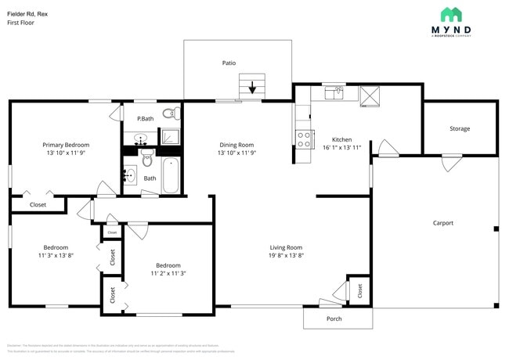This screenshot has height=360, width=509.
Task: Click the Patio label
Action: click(x=229, y=63)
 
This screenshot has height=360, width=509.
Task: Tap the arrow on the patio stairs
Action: click(x=252, y=88)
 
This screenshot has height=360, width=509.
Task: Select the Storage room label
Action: click(x=460, y=128)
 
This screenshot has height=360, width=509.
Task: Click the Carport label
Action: click(x=443, y=223)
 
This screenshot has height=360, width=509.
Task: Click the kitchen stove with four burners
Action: click(x=304, y=139)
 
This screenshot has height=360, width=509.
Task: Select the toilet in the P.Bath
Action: click(x=168, y=114)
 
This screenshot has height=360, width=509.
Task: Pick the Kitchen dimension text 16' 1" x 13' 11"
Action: click(x=341, y=147)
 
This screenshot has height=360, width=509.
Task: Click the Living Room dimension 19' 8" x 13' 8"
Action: click(x=286, y=255)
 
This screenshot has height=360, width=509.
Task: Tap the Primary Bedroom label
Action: click(x=66, y=145)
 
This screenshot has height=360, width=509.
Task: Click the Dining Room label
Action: click(x=236, y=145)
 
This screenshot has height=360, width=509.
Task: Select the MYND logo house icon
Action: click(x=451, y=14)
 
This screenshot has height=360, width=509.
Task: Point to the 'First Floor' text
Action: click(x=21, y=23)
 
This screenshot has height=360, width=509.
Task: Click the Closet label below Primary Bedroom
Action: click(x=38, y=204)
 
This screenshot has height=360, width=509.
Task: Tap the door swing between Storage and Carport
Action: click(x=450, y=163)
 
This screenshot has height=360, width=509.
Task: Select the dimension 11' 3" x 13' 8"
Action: click(x=56, y=255)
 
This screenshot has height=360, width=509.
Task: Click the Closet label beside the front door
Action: click(x=359, y=290)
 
